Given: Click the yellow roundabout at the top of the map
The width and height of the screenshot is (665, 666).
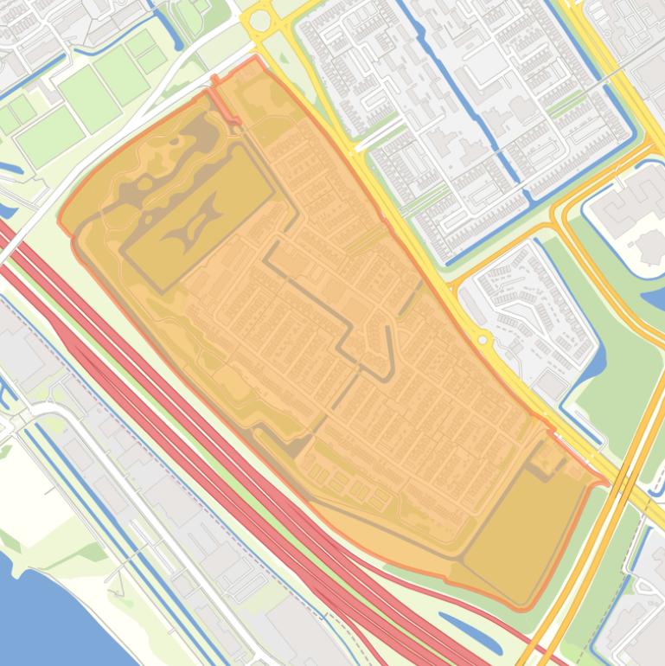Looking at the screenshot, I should tap(260, 19).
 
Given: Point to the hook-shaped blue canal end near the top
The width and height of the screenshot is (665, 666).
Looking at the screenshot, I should tap(169, 35).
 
